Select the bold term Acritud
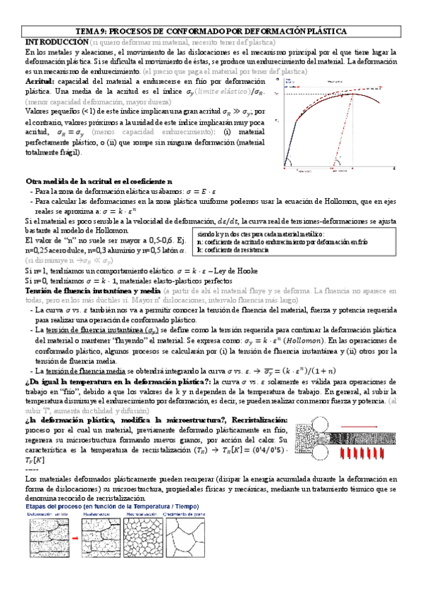[x=40, y=82]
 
